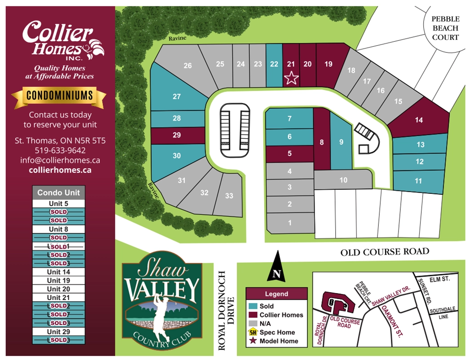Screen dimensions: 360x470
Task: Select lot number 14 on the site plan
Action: [419, 120]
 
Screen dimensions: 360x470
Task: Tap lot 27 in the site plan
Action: [177, 97]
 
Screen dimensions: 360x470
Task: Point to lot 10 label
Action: [343, 180]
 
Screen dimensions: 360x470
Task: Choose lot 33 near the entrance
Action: [229, 196]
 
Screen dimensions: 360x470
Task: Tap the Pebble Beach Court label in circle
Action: [445, 28]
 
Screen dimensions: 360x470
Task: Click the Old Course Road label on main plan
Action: [385, 252]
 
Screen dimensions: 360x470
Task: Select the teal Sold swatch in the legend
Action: [253, 306]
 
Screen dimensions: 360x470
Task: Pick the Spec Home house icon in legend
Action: [253, 332]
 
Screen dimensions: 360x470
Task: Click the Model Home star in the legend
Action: [253, 341]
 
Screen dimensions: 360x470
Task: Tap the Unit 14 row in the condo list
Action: [58, 272]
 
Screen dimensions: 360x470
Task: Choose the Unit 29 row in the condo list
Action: [58, 332]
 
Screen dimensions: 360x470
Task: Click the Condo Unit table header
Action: [58, 193]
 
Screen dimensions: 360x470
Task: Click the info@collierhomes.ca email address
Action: [60, 160]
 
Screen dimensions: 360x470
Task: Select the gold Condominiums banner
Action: [59, 95]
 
